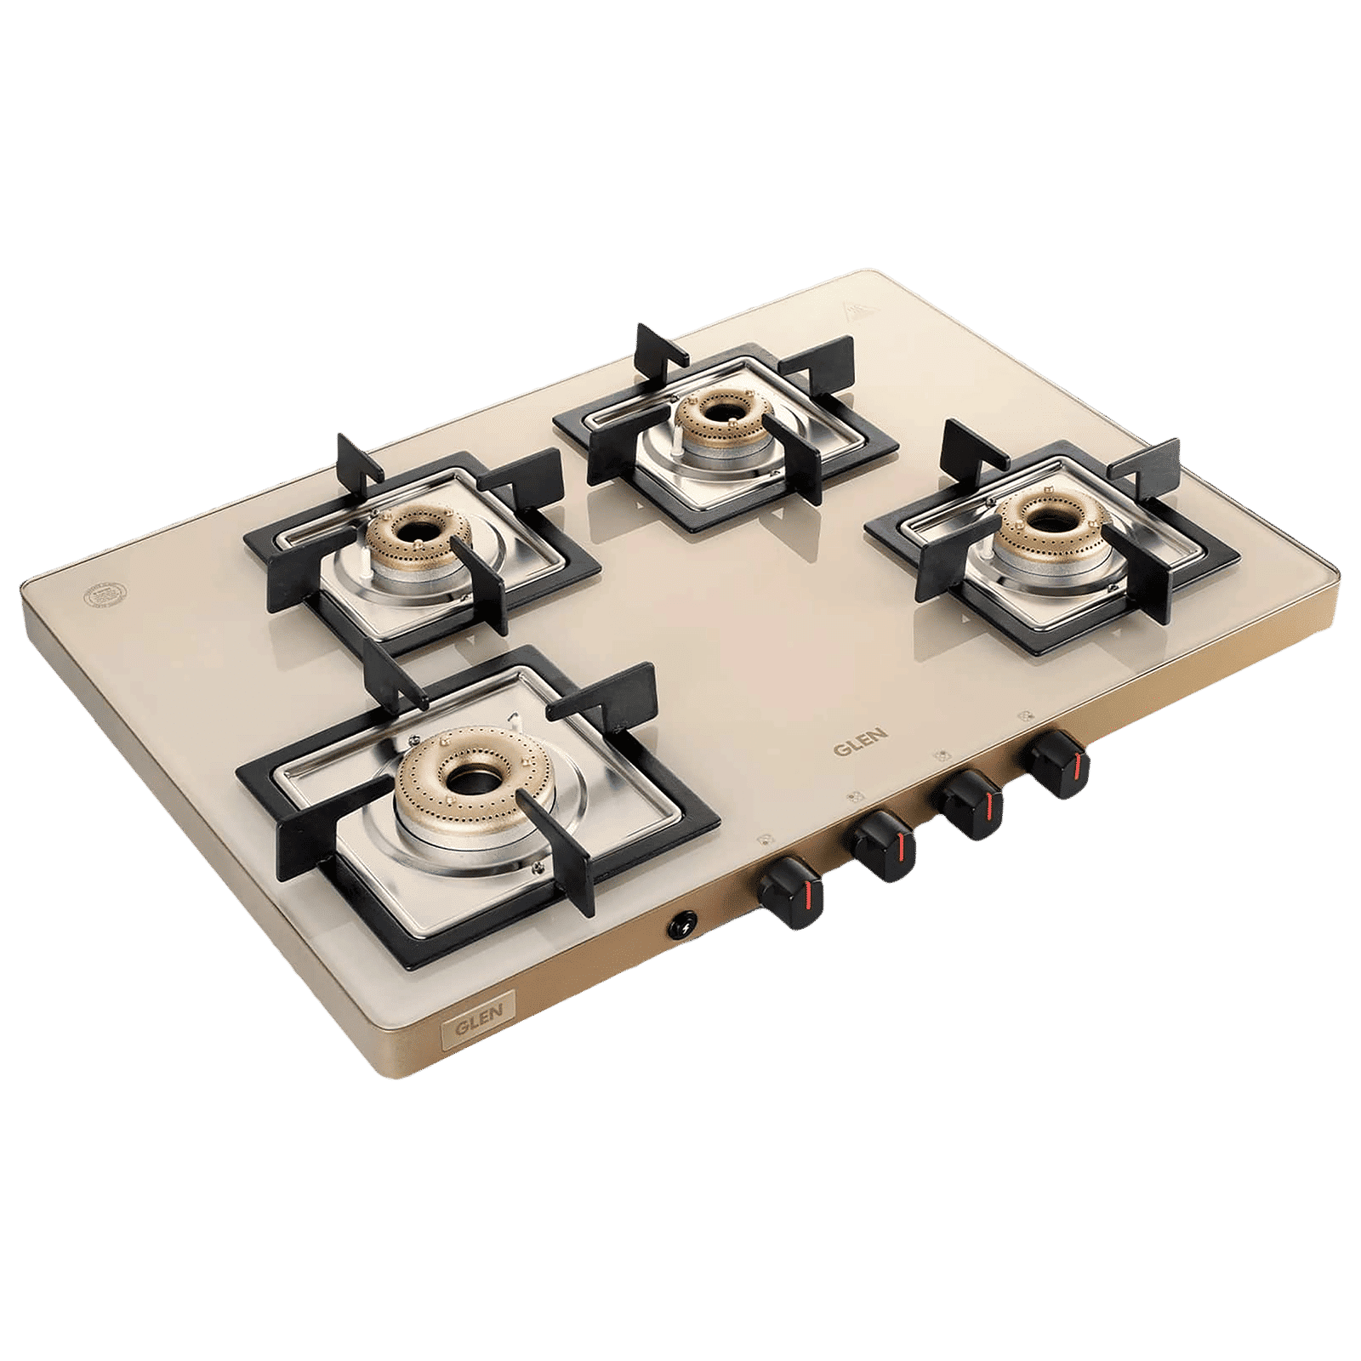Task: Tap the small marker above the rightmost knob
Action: (x=1023, y=715)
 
